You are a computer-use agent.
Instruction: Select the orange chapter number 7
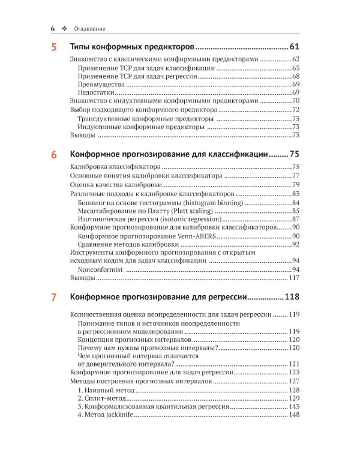pyautogui.click(x=54, y=297)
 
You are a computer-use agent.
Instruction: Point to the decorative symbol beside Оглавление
pyautogui.click(x=64, y=28)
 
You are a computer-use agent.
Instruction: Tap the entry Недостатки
pyautogui.click(x=100, y=93)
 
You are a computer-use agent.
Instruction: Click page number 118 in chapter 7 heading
pyautogui.click(x=292, y=297)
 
